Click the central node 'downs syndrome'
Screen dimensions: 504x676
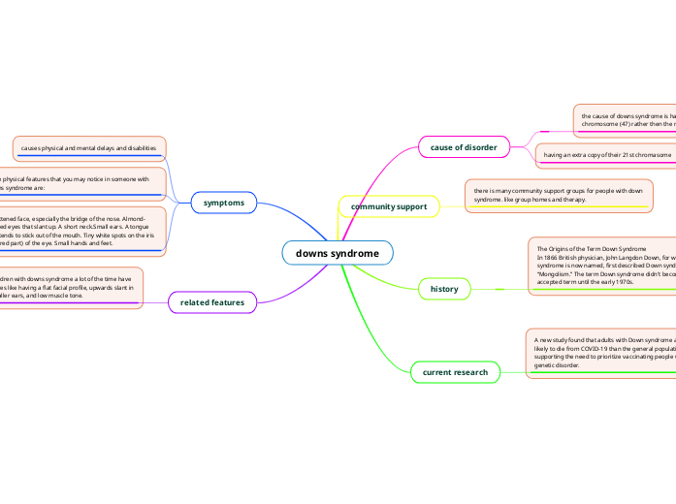coord(338,253)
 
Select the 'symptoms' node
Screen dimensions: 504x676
coord(224,202)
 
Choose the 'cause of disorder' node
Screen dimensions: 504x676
coord(465,147)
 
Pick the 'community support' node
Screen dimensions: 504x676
coord(389,206)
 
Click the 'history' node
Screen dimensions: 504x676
coord(444,289)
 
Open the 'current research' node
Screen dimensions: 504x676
coord(456,371)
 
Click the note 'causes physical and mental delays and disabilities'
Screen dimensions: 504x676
coord(89,147)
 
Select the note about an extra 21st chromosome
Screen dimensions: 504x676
coord(606,155)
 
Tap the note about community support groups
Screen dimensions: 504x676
coord(559,195)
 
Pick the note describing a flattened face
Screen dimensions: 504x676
coord(82,231)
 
